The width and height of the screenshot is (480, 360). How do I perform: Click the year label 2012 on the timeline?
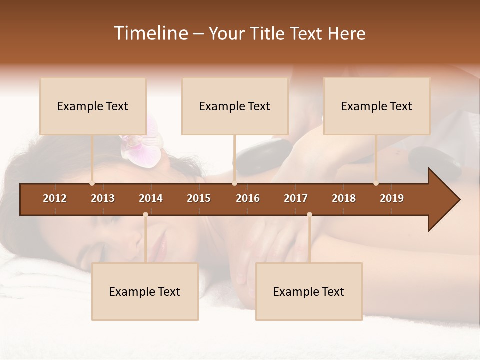click(55, 198)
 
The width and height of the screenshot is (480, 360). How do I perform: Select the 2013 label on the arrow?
click(103, 198)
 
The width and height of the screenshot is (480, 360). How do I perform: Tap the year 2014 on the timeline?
click(151, 198)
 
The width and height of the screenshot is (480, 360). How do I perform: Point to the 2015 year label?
click(199, 198)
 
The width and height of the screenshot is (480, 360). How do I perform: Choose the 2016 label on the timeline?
click(248, 198)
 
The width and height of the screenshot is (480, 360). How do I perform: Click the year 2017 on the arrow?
click(296, 198)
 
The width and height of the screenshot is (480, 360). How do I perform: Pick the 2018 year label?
click(344, 198)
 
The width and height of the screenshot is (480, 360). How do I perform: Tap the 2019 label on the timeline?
click(392, 198)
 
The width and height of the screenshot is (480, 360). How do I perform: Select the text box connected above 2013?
click(93, 106)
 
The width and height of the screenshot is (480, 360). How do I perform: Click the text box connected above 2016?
click(235, 106)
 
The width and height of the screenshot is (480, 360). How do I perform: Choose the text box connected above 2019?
click(377, 106)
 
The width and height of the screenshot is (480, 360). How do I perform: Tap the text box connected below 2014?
click(145, 292)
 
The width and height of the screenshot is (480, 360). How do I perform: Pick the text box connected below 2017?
click(309, 292)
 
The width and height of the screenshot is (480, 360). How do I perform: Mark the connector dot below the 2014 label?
click(145, 214)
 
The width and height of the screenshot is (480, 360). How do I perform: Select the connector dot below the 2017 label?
click(309, 214)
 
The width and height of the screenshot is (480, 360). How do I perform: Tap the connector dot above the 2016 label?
click(235, 183)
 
